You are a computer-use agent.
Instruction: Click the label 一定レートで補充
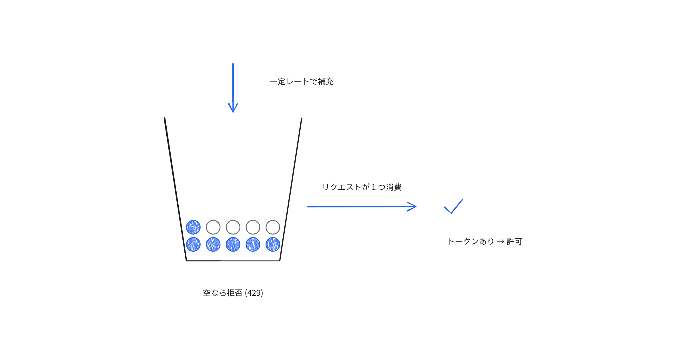pyautogui.click(x=302, y=82)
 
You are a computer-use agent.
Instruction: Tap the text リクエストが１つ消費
pyautogui.click(x=362, y=187)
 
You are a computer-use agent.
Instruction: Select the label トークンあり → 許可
pyautogui.click(x=485, y=241)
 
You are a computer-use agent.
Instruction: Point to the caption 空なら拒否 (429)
pyautogui.click(x=233, y=293)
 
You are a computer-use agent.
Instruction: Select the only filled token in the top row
pyautogui.click(x=193, y=227)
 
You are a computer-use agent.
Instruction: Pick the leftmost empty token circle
pyautogui.click(x=213, y=220)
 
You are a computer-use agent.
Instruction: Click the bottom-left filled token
pyautogui.click(x=193, y=244)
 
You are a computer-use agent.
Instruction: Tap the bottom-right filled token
pyautogui.click(x=273, y=244)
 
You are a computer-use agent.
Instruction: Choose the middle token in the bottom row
pyautogui.click(x=233, y=244)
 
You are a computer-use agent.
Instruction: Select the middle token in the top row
pyautogui.click(x=233, y=220)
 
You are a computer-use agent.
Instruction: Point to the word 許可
pyautogui.click(x=514, y=241)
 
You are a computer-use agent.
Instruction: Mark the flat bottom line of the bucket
pyautogui.click(x=233, y=261)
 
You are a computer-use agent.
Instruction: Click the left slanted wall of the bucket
pyautogui.click(x=176, y=189)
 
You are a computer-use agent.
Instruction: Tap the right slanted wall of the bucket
pyautogui.click(x=291, y=189)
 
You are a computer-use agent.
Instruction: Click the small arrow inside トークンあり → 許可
pyautogui.click(x=500, y=242)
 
